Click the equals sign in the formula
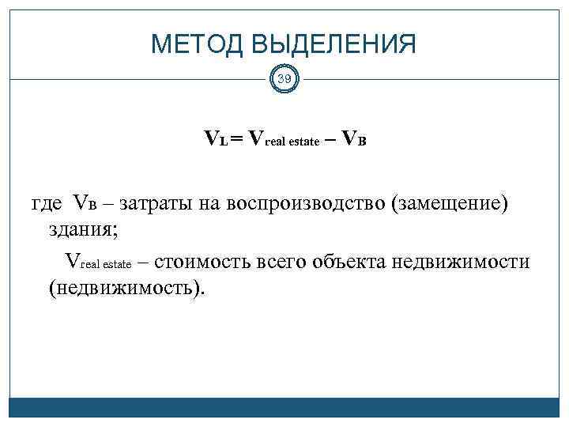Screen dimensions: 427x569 click(x=237, y=139)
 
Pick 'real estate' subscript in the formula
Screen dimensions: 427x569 click(x=292, y=142)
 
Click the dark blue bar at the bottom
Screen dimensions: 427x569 click(x=284, y=406)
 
